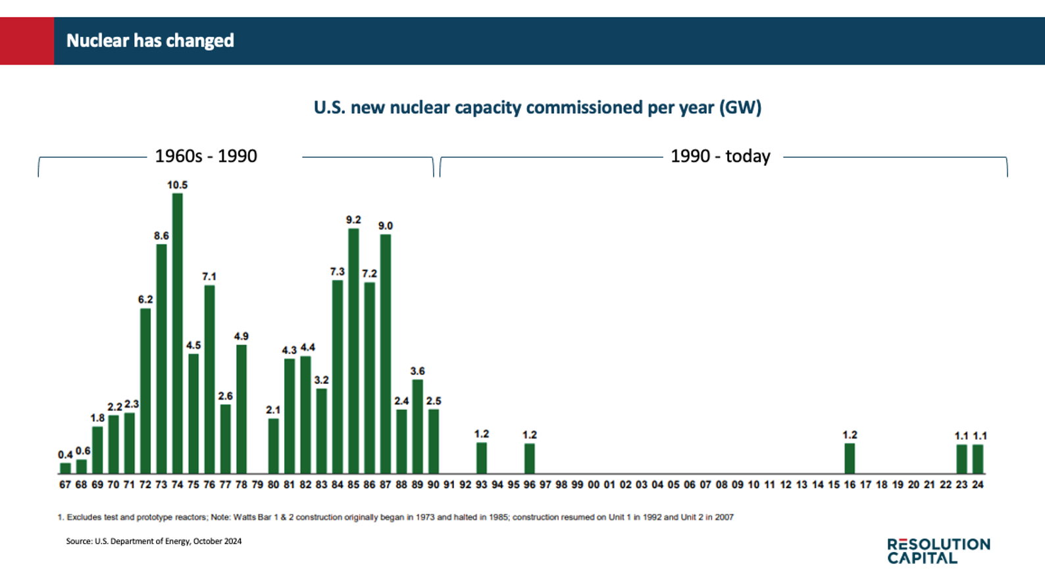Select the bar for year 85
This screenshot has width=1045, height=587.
pyautogui.click(x=353, y=350)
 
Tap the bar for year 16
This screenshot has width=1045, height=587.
pyautogui.click(x=850, y=458)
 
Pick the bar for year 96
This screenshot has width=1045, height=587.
pyautogui.click(x=530, y=458)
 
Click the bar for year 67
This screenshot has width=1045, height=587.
pyautogui.click(x=65, y=468)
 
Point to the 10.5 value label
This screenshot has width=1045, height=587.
pyautogui.click(x=177, y=186)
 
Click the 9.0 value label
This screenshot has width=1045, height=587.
pyautogui.click(x=386, y=226)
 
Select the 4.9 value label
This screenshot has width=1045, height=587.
pyautogui.click(x=242, y=336)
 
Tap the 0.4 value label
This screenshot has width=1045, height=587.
pyautogui.click(x=65, y=455)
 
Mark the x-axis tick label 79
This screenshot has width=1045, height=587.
pyautogui.click(x=257, y=485)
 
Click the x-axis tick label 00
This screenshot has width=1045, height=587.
pyautogui.click(x=594, y=485)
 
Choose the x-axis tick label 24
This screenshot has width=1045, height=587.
pyautogui.click(x=978, y=485)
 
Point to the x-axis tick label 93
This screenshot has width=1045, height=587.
pyautogui.click(x=482, y=485)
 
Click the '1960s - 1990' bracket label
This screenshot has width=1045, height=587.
pyautogui.click(x=206, y=156)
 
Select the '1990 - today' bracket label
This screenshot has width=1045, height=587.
pyautogui.click(x=720, y=156)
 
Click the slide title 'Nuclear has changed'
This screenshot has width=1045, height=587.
pyautogui.click(x=150, y=41)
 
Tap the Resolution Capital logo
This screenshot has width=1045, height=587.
pyautogui.click(x=938, y=551)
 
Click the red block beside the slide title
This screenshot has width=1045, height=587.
pyautogui.click(x=27, y=41)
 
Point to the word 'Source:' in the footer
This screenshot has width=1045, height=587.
pyautogui.click(x=79, y=542)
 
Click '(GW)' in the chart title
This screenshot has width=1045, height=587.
pyautogui.click(x=740, y=107)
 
